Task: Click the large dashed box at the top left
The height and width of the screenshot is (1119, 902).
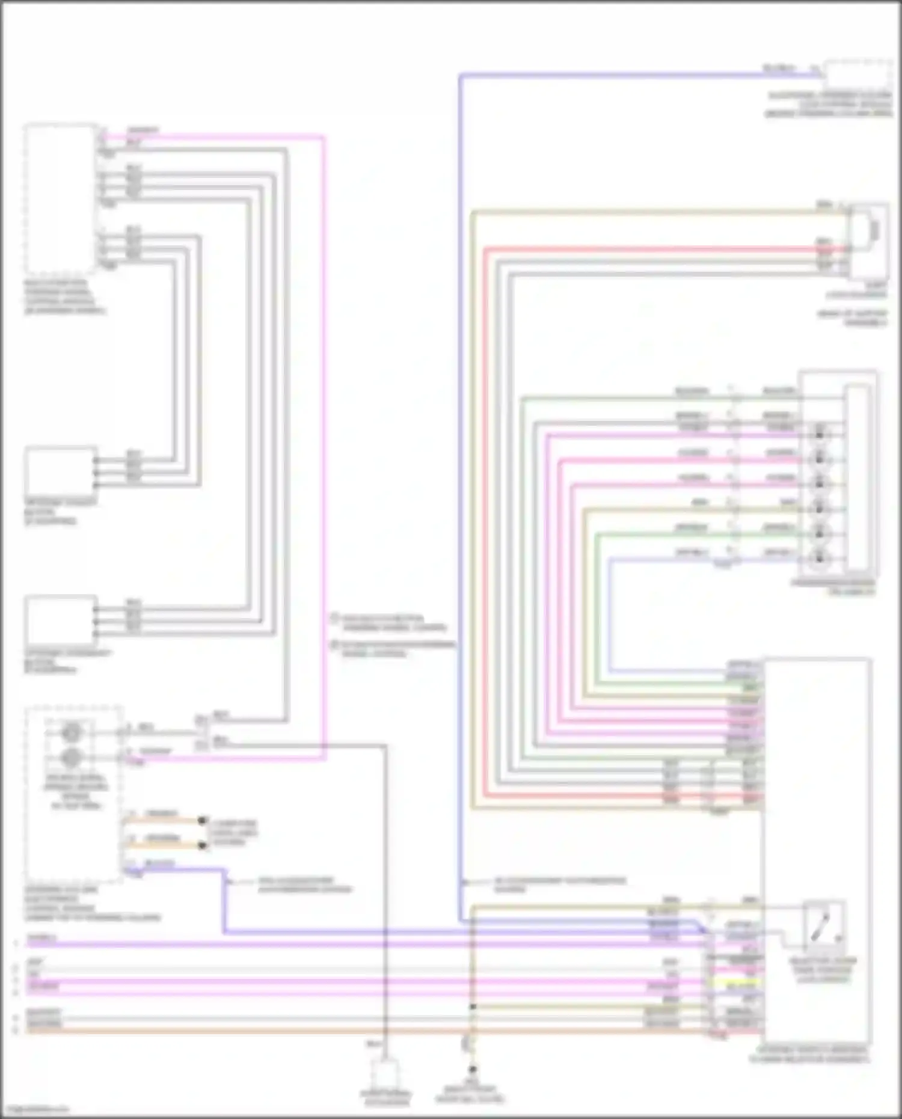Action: (60, 198)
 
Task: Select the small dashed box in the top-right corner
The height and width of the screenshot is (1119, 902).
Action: (858, 75)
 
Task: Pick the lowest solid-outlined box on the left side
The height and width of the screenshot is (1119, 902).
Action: (60, 620)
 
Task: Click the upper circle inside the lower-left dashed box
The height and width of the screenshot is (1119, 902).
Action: (72, 733)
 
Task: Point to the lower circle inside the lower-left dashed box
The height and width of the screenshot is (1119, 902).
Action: (72, 758)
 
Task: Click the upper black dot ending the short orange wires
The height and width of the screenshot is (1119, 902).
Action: (203, 820)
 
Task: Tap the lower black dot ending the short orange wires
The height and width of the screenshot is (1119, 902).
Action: (203, 845)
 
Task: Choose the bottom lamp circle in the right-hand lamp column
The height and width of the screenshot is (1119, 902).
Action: (819, 558)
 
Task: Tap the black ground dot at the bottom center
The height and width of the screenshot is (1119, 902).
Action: (473, 1070)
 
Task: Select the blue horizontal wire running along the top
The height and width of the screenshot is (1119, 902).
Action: (631, 75)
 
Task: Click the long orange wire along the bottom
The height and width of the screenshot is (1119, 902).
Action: (361, 1031)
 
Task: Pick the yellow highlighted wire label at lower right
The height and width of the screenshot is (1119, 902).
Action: (741, 987)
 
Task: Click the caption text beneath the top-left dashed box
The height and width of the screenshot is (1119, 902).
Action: (64, 296)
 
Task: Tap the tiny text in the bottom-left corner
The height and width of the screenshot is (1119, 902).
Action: (35, 1109)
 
